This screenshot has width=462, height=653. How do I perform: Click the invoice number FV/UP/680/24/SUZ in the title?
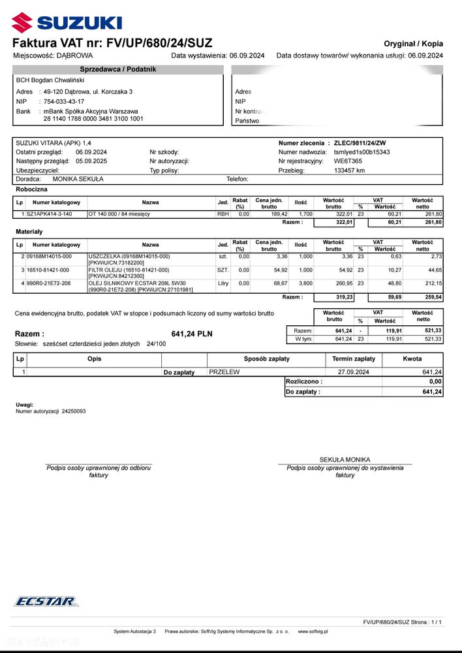tap(155, 43)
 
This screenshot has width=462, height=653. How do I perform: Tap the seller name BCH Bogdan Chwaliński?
tap(48, 80)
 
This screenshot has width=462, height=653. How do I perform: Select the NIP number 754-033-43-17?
tap(63, 102)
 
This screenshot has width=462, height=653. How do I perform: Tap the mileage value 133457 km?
tap(349, 170)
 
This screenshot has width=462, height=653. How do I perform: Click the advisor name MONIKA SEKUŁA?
tap(78, 178)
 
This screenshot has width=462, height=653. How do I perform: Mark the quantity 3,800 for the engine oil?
tap(305, 283)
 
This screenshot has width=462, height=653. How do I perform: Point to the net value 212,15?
tap(433, 283)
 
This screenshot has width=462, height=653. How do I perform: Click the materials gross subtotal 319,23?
tap(343, 297)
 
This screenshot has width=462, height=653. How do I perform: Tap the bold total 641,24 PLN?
tap(192, 334)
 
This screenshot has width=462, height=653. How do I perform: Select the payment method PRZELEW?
tap(224, 372)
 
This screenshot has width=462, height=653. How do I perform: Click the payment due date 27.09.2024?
tap(353, 372)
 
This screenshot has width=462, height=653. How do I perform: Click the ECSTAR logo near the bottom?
tap(46, 601)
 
